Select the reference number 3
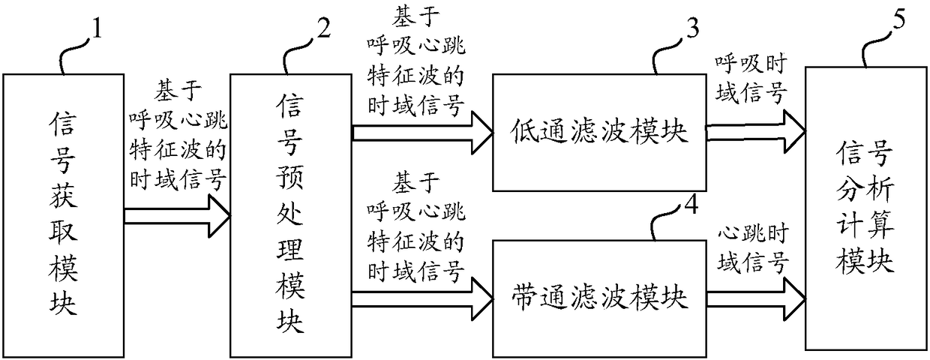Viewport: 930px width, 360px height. (x=692, y=31)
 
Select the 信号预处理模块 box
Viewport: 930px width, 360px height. (x=290, y=213)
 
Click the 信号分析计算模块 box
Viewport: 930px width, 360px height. (x=864, y=208)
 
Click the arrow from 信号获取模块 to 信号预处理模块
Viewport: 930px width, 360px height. (x=177, y=216)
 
